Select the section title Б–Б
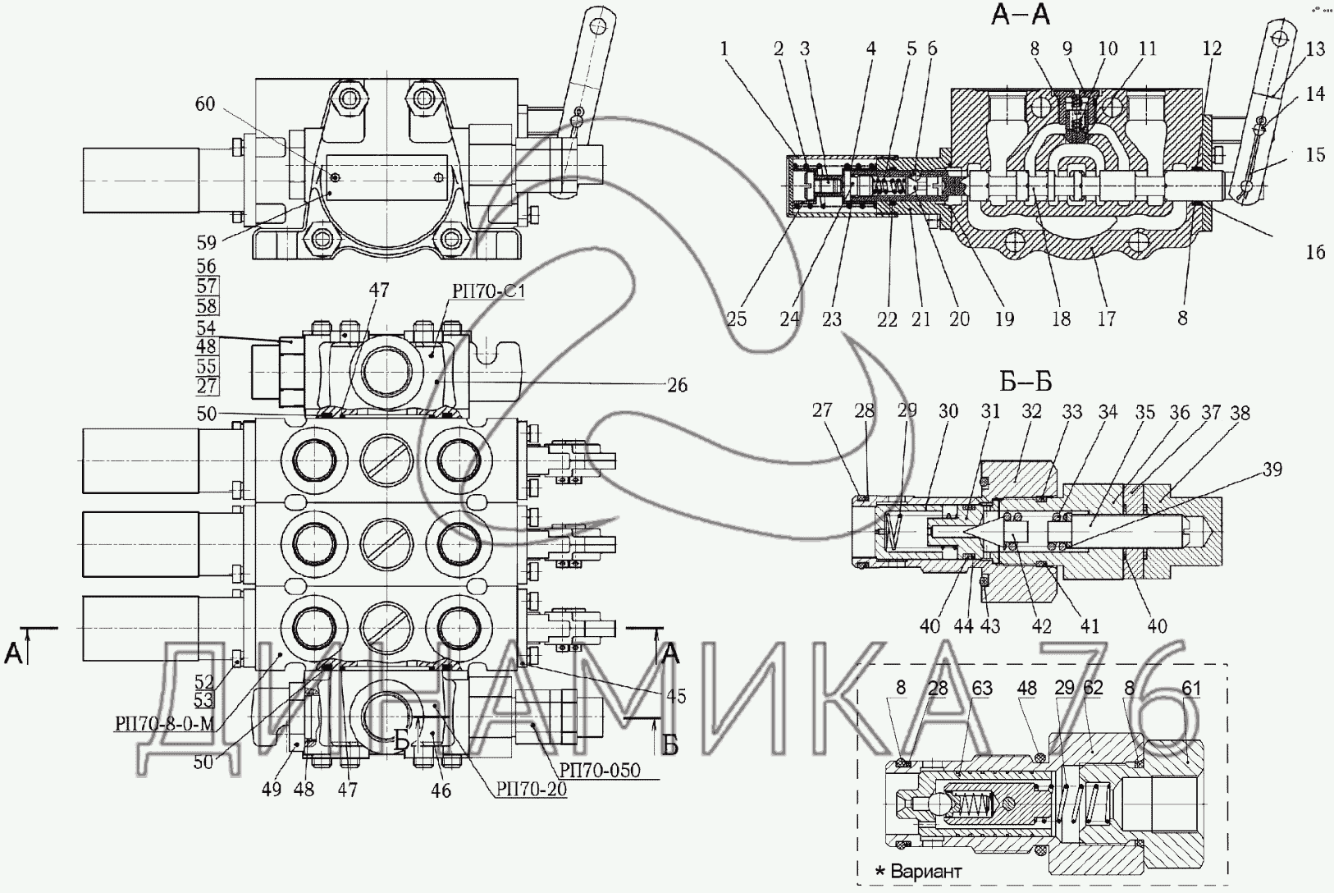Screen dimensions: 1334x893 tap(1026, 382)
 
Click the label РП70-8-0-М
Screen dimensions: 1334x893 tap(164, 723)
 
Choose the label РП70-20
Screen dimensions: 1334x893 tap(532, 790)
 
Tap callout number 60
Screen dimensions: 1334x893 tap(205, 103)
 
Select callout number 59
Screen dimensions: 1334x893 tap(206, 242)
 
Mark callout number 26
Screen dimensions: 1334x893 tap(677, 385)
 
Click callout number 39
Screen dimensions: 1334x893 tap(1272, 469)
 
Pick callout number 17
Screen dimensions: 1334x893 tap(1107, 318)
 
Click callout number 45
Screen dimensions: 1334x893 tap(677, 695)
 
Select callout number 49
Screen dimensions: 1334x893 tap(271, 790)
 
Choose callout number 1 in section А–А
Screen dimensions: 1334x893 tap(724, 48)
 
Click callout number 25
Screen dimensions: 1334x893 tap(737, 319)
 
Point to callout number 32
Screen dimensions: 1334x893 tap(1031, 411)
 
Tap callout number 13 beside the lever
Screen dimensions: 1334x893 tap(1315, 48)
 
